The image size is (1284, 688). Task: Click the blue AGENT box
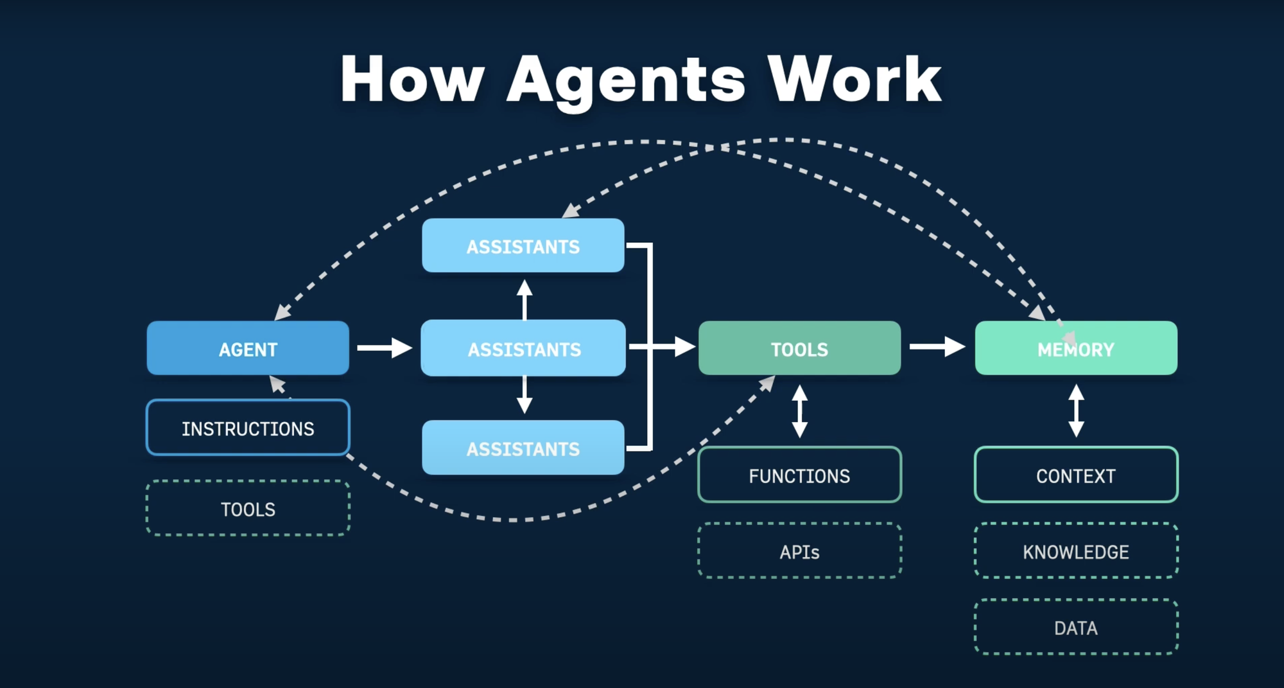248,348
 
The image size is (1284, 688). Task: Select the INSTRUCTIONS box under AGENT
248,428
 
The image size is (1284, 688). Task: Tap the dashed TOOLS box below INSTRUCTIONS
248,509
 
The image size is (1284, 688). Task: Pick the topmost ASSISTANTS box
523,246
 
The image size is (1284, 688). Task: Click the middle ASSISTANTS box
523,348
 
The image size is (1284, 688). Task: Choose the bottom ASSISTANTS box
523,448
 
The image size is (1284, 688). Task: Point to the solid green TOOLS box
799,348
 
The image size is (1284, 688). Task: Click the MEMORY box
1076,348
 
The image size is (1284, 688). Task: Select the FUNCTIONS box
799,475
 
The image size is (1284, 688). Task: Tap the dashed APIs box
799,551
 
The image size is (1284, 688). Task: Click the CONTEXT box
1076,475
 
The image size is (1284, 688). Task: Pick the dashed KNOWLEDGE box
1076,551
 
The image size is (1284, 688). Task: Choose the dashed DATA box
1076,627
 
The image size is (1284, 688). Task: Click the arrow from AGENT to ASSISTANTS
385,348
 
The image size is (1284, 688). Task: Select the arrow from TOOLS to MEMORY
937,347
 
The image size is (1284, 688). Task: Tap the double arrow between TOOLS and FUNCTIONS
799,411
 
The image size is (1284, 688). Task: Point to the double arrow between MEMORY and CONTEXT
1076,411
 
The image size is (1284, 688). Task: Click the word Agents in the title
626,80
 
